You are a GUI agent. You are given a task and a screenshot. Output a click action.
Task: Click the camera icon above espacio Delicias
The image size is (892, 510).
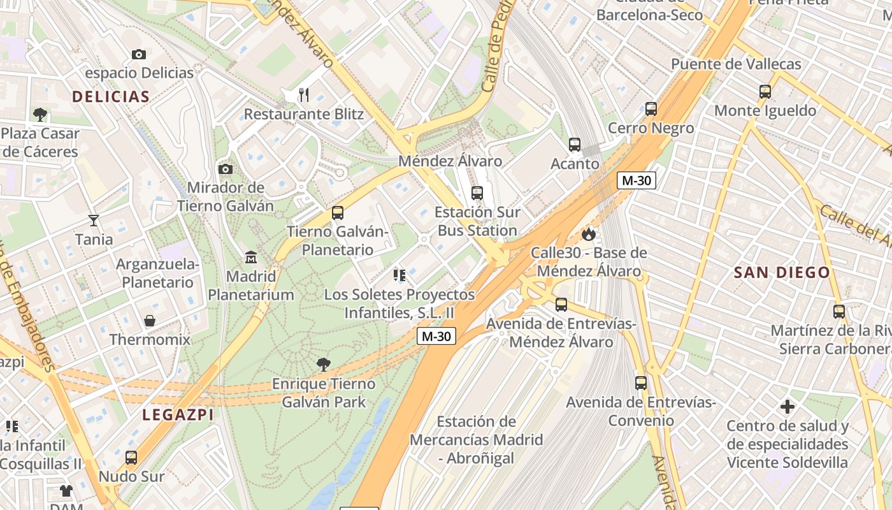[138, 55]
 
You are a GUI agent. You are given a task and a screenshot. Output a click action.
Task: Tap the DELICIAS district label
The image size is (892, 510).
[111, 97]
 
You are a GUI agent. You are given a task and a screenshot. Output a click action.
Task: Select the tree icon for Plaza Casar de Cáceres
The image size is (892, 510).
[40, 115]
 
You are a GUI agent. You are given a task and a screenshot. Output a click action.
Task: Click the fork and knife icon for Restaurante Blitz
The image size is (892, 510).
[304, 95]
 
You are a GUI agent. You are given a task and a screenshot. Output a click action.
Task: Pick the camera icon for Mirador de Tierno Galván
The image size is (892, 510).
[225, 169]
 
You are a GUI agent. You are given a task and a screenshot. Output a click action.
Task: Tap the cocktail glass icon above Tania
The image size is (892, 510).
[94, 221]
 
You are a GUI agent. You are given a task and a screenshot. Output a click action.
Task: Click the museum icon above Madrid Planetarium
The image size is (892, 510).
[251, 258]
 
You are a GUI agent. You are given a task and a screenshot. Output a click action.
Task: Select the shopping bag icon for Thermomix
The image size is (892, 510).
[150, 320]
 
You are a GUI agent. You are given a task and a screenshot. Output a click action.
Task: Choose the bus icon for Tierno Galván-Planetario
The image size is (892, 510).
[338, 213]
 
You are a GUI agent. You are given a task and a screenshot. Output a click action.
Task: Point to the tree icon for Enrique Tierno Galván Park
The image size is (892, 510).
[324, 365]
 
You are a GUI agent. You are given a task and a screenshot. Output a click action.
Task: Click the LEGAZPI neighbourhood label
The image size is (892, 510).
[178, 415]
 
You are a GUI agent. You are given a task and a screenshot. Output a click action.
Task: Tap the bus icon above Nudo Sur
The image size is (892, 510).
[131, 457]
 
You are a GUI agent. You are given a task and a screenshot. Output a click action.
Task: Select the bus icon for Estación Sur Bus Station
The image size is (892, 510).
[477, 193]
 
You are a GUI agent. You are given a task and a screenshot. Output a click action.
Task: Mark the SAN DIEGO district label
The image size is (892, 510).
[782, 273]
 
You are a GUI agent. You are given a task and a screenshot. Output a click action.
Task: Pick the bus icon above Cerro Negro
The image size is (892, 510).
[651, 109]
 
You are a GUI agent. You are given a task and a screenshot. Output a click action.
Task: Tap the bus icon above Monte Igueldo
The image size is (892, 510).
[765, 92]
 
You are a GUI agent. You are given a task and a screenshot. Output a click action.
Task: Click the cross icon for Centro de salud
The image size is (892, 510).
[788, 407]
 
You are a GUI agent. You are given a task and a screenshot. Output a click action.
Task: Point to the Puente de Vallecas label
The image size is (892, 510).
[736, 64]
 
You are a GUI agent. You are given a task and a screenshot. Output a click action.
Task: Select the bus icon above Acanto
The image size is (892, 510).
[575, 145]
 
